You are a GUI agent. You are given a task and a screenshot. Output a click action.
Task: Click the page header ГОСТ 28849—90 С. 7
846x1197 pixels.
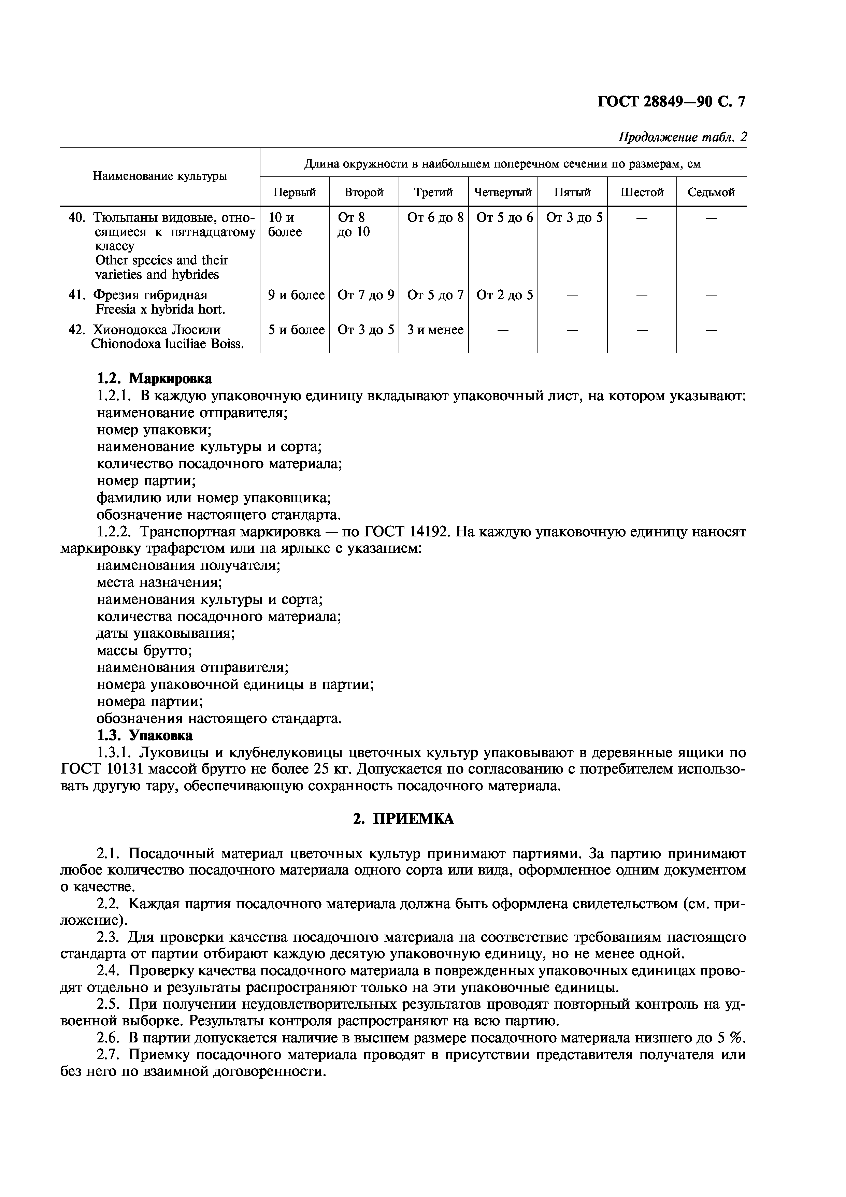[671, 101]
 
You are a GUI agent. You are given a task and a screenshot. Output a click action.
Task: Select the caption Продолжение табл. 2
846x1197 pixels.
[682, 137]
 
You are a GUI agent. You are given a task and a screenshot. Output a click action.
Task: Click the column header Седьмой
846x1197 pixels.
[711, 192]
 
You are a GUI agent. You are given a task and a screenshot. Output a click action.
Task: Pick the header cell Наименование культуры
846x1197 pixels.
[160, 176]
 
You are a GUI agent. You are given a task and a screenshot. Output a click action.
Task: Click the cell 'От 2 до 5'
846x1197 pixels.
[504, 295]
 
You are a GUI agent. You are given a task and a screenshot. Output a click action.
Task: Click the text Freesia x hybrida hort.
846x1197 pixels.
[160, 310]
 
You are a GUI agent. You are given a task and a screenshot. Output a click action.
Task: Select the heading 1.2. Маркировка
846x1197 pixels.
[154, 378]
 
